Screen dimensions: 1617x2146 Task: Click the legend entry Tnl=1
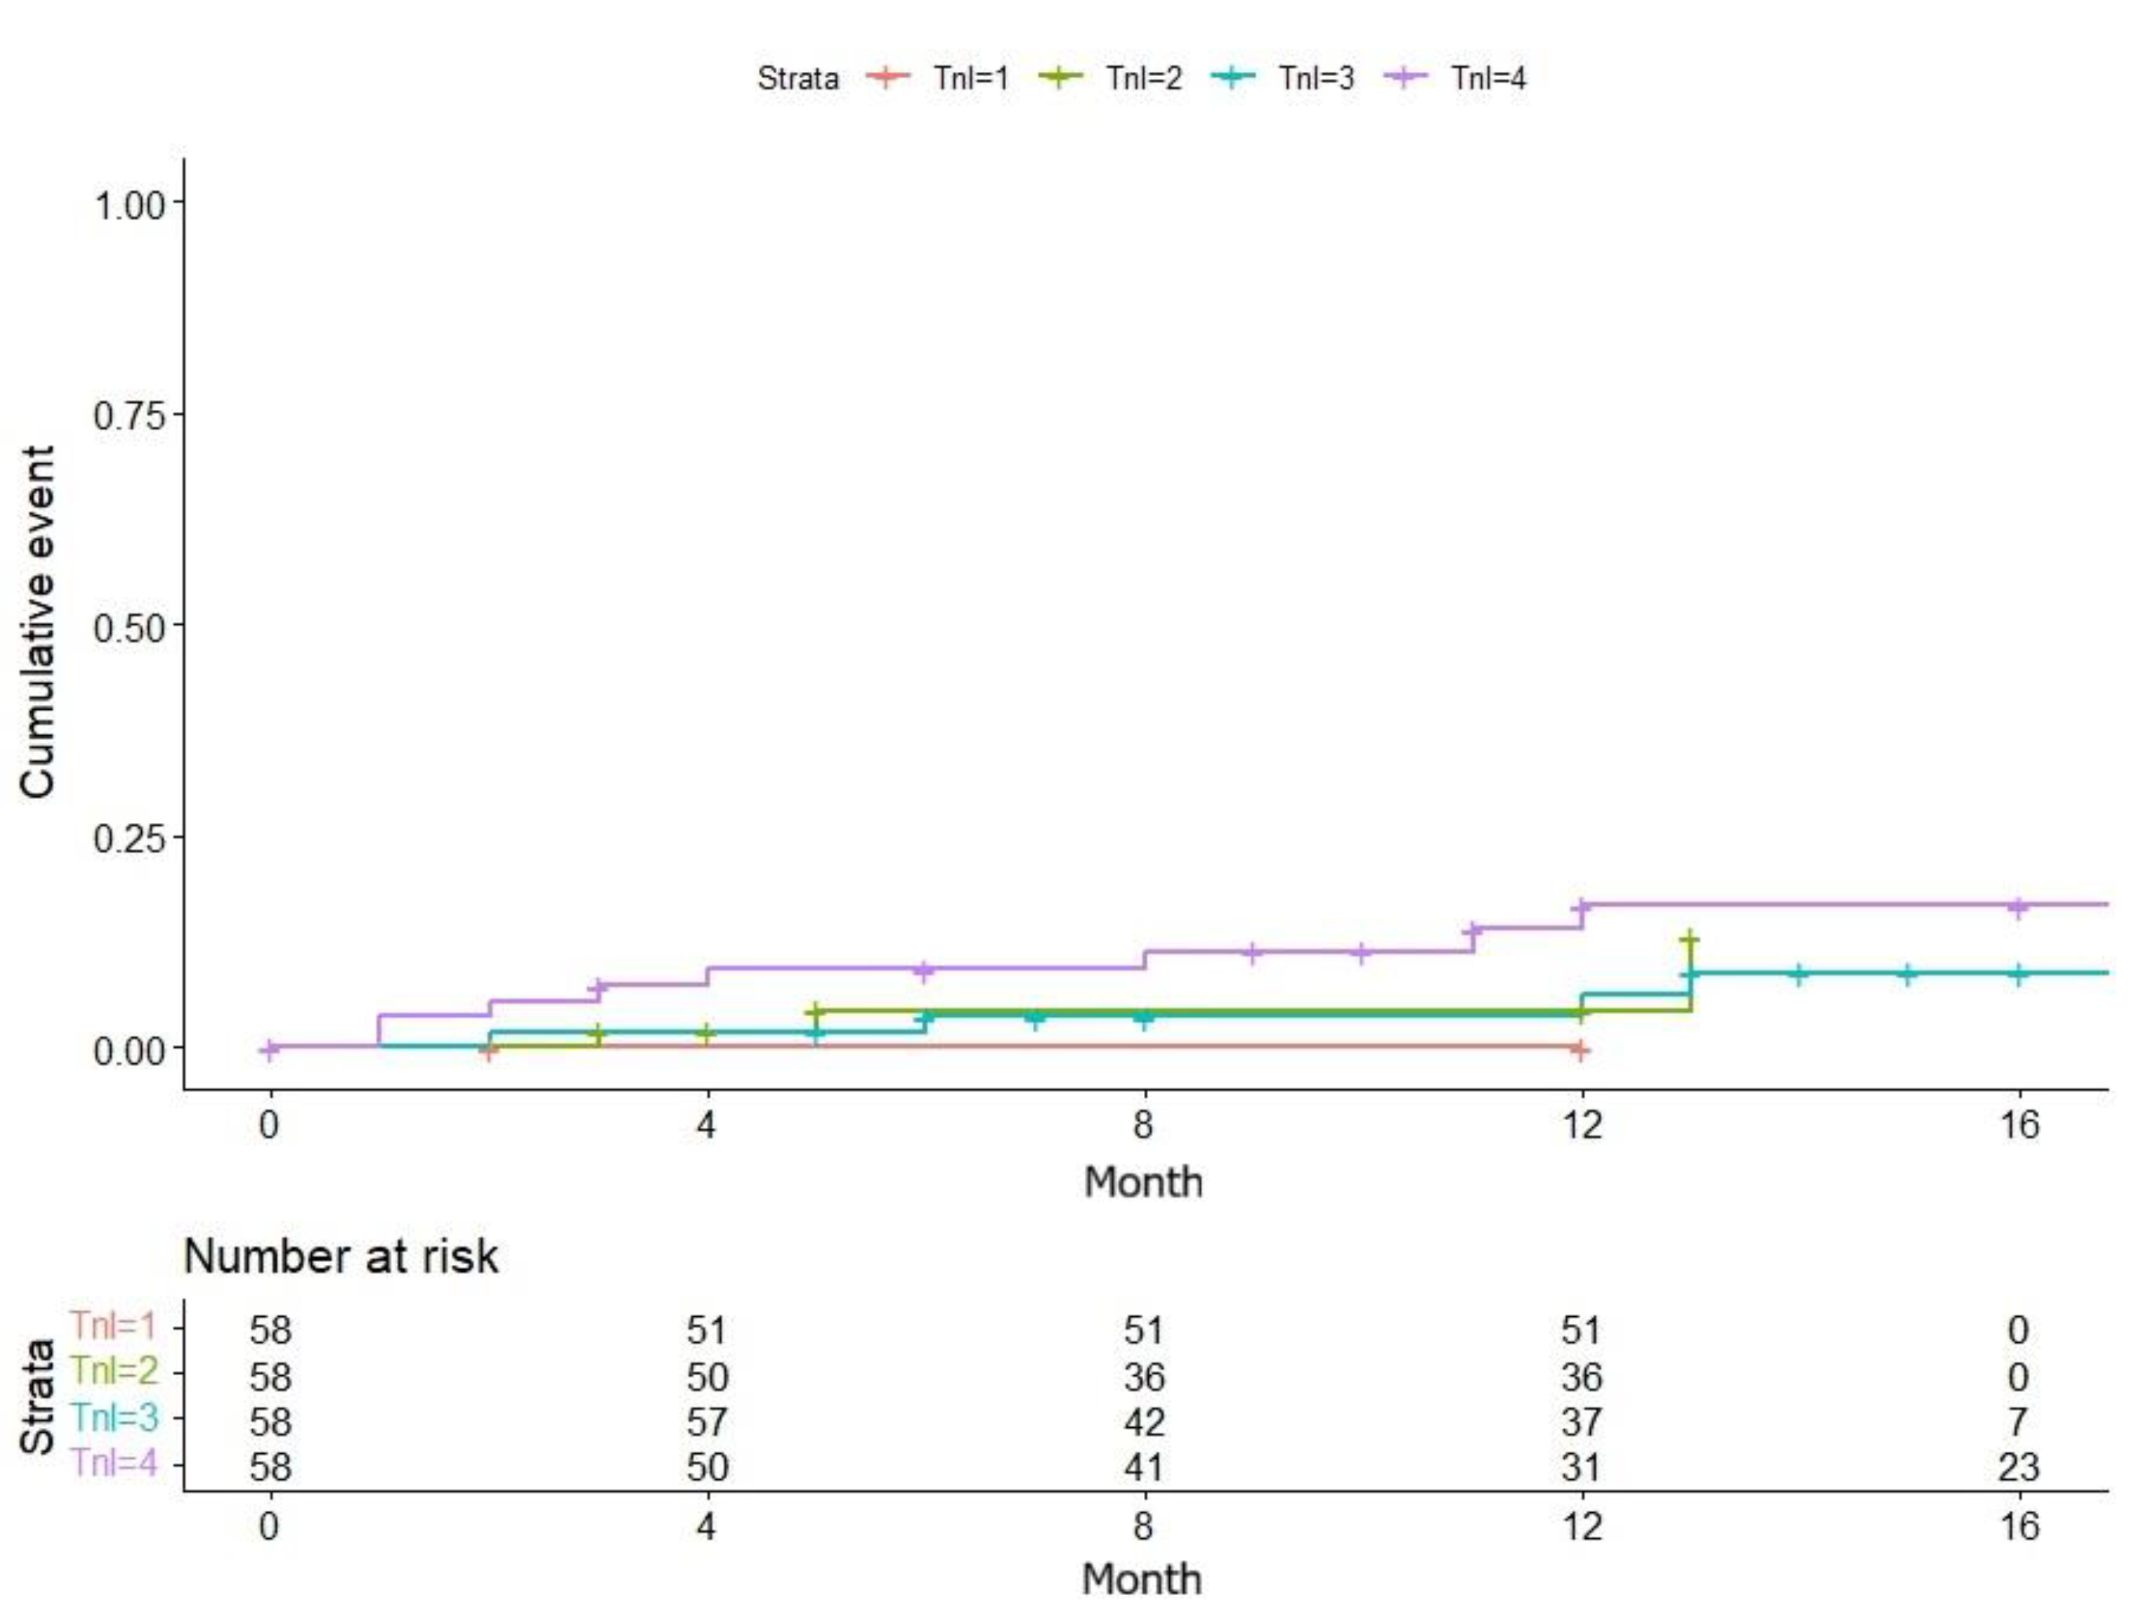pyautogui.click(x=970, y=77)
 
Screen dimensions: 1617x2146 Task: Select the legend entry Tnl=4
pyautogui.click(x=1487, y=77)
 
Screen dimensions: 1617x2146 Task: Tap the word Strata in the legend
pyautogui.click(x=798, y=77)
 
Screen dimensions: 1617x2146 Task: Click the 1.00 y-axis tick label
pyautogui.click(x=129, y=205)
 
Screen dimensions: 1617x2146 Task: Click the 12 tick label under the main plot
pyautogui.click(x=1581, y=1124)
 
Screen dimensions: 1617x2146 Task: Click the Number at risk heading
pyautogui.click(x=341, y=1256)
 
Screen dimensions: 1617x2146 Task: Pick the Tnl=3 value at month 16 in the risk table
pyautogui.click(x=2018, y=1422)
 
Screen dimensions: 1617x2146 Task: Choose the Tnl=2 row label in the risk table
pyautogui.click(x=114, y=1370)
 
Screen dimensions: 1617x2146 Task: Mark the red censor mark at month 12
pyautogui.click(x=1581, y=1050)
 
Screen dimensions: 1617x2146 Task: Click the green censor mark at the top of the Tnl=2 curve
pyautogui.click(x=1689, y=939)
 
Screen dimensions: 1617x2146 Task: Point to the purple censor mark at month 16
pyautogui.click(x=2018, y=907)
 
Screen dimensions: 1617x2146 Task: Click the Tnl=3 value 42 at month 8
pyautogui.click(x=1144, y=1422)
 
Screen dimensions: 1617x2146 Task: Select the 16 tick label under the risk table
pyautogui.click(x=2019, y=1527)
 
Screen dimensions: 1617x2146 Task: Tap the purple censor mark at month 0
pyautogui.click(x=271, y=1048)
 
